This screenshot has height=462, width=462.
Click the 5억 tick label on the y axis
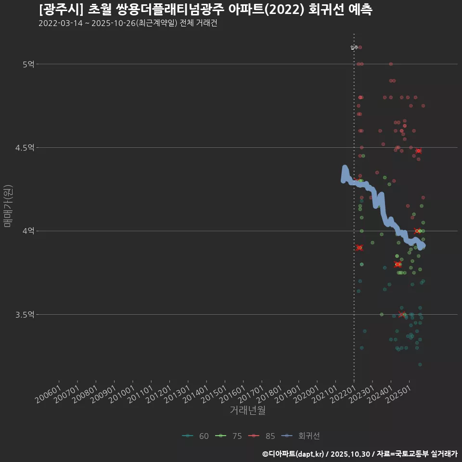point(28,64)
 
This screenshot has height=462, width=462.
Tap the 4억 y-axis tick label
point(28,231)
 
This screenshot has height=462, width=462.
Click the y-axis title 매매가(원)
point(8,205)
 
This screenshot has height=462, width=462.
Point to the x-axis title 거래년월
point(247,411)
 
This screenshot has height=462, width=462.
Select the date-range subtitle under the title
point(128,24)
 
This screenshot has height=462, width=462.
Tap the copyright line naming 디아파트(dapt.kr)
point(359,454)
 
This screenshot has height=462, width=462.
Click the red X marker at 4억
point(417,231)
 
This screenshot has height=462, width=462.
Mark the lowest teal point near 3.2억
point(420,364)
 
